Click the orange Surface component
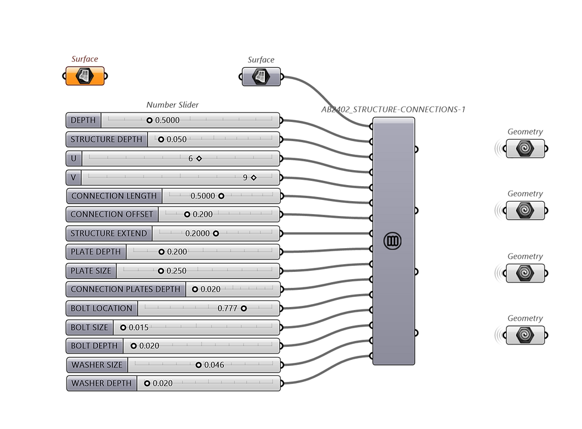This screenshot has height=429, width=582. [85, 76]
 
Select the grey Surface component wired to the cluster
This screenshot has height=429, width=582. [261, 77]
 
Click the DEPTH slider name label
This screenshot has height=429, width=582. [83, 120]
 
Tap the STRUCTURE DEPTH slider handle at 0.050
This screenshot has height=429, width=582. [161, 139]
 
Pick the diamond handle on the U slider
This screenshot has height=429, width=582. [199, 158]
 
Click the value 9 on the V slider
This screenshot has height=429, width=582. [245, 178]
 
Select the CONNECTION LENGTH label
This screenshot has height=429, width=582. [114, 196]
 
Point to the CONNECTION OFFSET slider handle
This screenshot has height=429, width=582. [187, 214]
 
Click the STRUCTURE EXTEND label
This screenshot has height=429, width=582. [109, 233]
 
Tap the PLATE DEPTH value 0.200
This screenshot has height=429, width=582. [177, 252]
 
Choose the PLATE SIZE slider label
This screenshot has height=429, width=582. [91, 271]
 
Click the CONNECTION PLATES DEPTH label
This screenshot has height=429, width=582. [125, 289]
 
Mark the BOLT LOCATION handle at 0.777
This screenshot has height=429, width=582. [243, 308]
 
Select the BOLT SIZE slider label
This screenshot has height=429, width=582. [89, 327]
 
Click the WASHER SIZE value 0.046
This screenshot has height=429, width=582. [214, 365]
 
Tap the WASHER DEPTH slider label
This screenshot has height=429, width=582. [102, 383]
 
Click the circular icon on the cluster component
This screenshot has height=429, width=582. [393, 241]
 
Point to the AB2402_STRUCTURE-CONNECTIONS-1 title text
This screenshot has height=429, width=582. [393, 109]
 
